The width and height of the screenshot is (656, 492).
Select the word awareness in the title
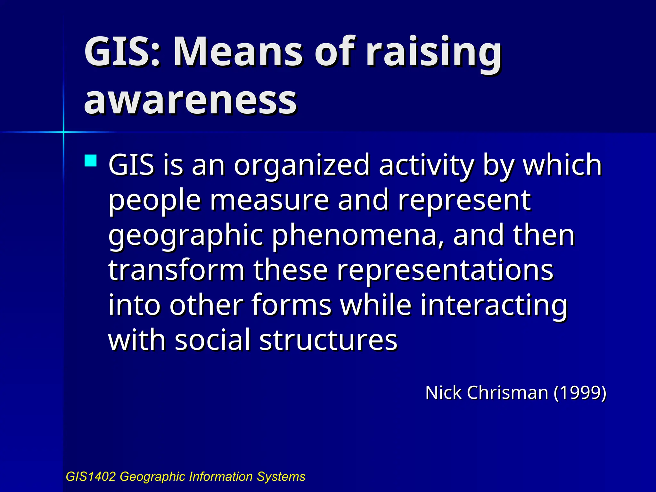pos(190,100)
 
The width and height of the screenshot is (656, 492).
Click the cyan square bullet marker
pos(91,161)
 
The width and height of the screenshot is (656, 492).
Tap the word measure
pos(269,201)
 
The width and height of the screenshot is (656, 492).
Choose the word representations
pos(445,271)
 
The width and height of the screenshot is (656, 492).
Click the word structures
pos(328,340)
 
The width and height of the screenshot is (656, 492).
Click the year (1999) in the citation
pos(580,393)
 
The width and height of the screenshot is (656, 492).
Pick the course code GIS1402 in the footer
pos(90,477)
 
